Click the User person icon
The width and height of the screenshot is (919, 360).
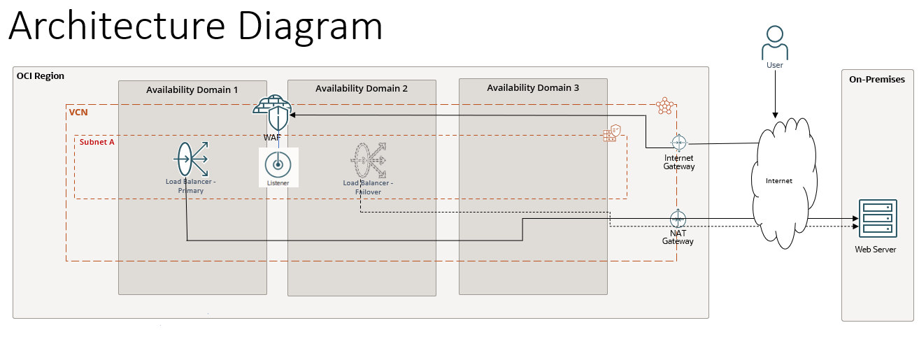774,43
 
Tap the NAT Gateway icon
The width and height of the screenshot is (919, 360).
678,218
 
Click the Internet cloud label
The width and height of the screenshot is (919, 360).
779,180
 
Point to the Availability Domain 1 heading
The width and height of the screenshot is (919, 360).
192,89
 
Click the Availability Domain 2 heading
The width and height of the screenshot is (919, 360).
362,88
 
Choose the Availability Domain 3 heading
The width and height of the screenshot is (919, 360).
533,87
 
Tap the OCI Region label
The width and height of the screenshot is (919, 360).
41,75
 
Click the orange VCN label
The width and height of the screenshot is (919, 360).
78,112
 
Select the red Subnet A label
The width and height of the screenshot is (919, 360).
97,141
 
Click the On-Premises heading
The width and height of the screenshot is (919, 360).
877,79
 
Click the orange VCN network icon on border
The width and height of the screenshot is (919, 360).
664,106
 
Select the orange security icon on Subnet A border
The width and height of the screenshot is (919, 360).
612,133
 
